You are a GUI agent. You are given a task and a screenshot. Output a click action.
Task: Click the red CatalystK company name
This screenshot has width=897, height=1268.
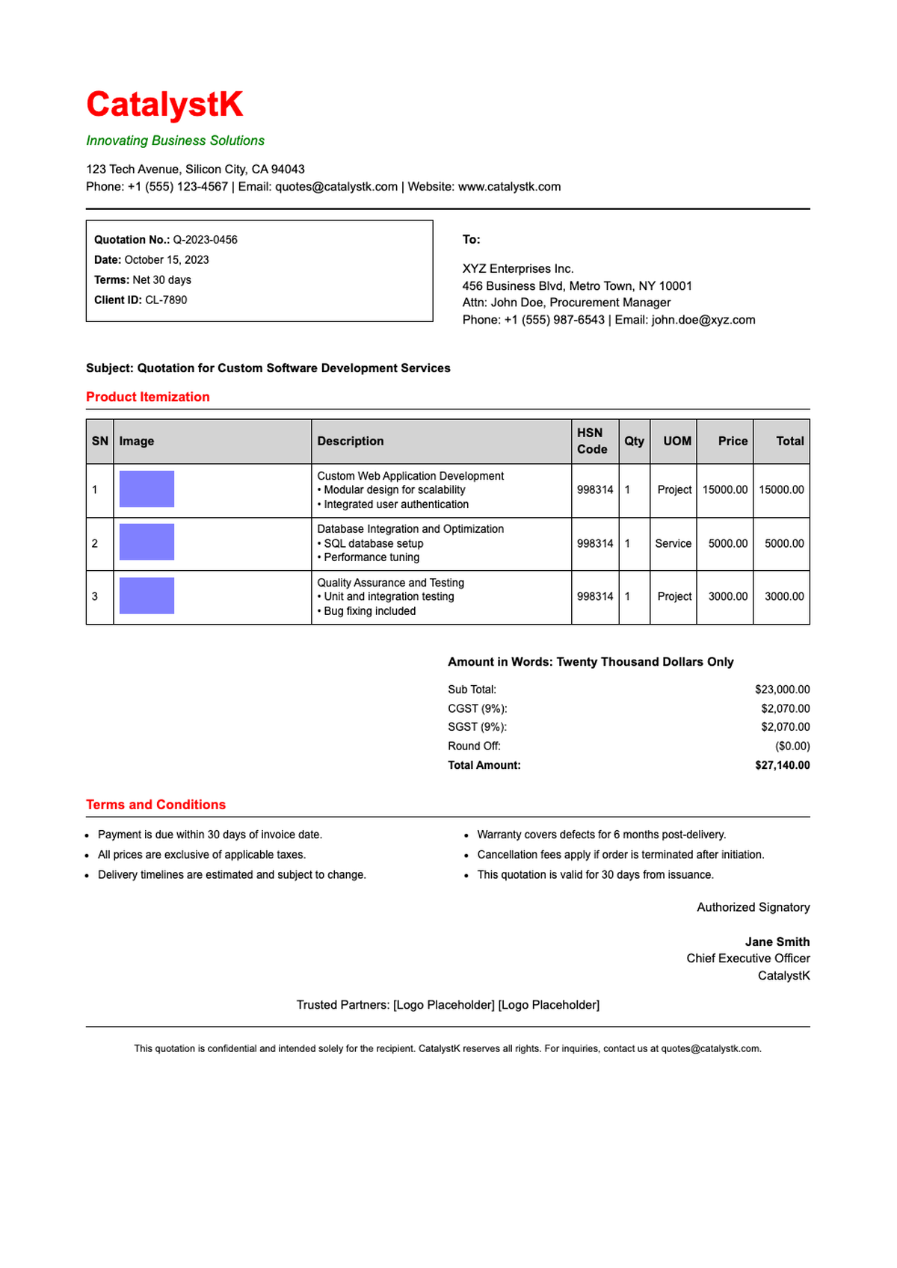[x=164, y=105]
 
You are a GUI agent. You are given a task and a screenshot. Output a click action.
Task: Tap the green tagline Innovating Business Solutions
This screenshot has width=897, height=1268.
[x=175, y=140]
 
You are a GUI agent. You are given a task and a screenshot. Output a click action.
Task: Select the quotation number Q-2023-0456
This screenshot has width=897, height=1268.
[x=205, y=240]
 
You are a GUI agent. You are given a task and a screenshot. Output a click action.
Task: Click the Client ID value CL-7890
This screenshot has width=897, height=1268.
[x=166, y=300]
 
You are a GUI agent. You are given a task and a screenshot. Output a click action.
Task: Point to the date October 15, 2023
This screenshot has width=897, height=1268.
[x=167, y=260]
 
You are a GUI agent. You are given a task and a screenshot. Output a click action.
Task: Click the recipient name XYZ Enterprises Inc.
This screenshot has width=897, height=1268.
[x=518, y=268]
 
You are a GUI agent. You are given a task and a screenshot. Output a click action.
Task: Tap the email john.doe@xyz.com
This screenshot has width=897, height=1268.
[x=703, y=320]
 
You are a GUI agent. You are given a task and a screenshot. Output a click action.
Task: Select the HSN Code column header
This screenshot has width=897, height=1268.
[x=592, y=441]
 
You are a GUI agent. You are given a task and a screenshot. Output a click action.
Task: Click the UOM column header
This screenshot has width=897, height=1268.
[x=677, y=441]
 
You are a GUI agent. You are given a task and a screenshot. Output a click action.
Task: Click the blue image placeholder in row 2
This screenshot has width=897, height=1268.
[x=147, y=542]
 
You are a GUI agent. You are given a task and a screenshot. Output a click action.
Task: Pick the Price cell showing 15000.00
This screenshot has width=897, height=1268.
[x=724, y=490]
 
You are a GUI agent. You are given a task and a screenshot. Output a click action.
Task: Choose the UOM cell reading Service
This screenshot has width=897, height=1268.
[x=673, y=544]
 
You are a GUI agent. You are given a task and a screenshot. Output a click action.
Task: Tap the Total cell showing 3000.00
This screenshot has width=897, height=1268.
[x=783, y=597]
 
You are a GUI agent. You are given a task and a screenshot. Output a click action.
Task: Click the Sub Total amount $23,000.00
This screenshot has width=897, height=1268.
[x=782, y=690]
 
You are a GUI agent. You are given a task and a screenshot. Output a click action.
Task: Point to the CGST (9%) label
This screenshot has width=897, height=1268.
[x=477, y=708]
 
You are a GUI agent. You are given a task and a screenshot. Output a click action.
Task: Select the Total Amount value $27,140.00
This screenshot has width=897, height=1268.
[x=782, y=765]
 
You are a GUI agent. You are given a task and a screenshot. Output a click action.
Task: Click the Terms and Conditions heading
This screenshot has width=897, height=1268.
[x=155, y=805]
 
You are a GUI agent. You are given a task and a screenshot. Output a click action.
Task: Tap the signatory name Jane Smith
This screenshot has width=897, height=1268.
[x=777, y=941]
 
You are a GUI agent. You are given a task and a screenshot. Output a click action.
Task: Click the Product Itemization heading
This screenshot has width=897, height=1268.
[x=147, y=397]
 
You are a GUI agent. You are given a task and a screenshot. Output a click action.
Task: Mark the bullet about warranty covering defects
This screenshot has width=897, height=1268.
[x=601, y=835]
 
